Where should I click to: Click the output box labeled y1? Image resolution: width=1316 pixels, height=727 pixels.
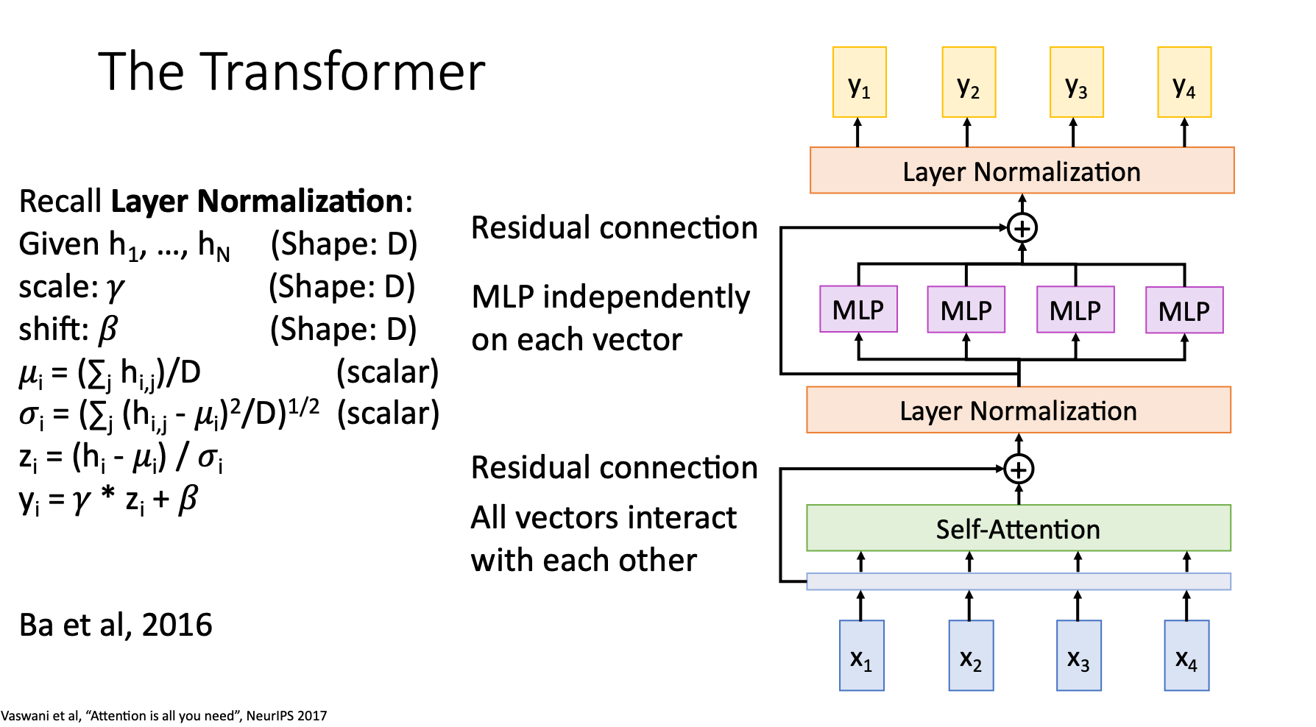click(x=859, y=82)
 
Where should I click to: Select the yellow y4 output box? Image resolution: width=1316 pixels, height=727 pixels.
click(x=1184, y=82)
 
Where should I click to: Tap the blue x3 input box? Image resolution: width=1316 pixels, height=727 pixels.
click(x=1078, y=655)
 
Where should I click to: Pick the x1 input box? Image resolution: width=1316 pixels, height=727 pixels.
click(x=861, y=655)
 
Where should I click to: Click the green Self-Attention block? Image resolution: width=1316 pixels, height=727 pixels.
click(x=1018, y=528)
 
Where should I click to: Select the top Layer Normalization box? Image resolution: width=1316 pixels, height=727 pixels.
click(x=1022, y=171)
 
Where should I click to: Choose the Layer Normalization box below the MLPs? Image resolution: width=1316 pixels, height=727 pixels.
click(x=1018, y=410)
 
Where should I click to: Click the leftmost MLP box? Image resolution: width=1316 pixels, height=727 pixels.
click(x=858, y=309)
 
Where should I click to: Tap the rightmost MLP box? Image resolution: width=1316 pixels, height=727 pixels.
click(x=1184, y=310)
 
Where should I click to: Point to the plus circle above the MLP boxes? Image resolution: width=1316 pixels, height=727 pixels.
click(x=1022, y=228)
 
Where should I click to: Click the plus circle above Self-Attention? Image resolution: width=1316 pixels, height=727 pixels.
click(x=1019, y=469)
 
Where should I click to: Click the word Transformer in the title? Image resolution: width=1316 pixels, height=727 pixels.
click(x=343, y=72)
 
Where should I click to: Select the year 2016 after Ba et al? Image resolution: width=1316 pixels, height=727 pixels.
click(x=177, y=625)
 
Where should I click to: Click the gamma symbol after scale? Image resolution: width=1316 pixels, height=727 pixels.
click(x=115, y=288)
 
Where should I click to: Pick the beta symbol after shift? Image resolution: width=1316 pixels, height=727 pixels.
click(x=107, y=330)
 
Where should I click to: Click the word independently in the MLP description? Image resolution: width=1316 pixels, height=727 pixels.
click(x=646, y=297)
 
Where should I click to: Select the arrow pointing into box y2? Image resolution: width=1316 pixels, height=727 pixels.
click(x=967, y=132)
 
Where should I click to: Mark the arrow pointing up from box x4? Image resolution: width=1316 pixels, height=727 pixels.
click(x=1186, y=606)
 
